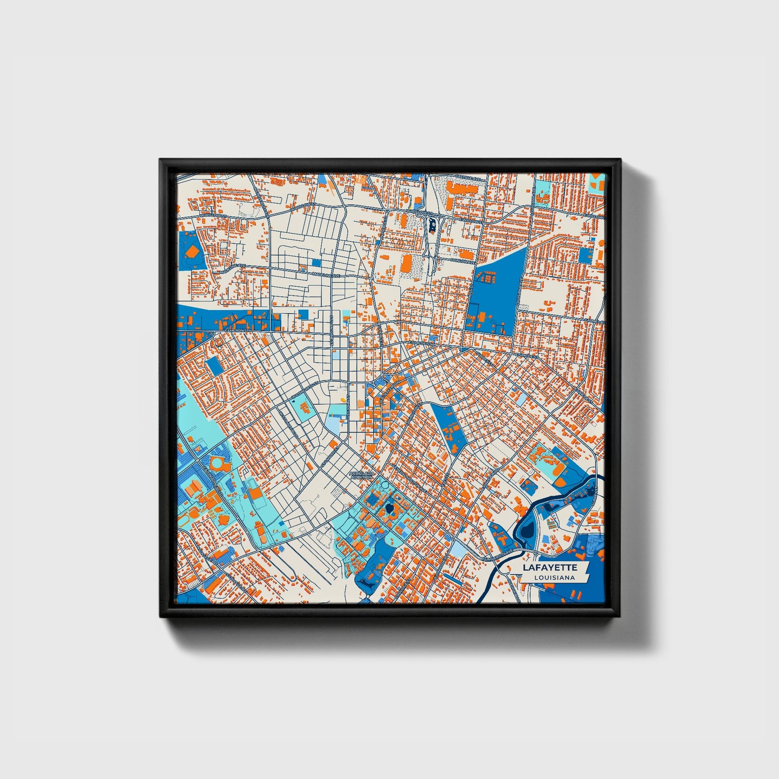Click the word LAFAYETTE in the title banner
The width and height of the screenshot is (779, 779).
pyautogui.click(x=550, y=568)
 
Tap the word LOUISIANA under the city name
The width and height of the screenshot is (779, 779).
pyautogui.click(x=554, y=577)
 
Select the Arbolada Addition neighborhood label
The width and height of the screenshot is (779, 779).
pyautogui.click(x=361, y=475)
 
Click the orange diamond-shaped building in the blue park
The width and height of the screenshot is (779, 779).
pyautogui.click(x=191, y=252)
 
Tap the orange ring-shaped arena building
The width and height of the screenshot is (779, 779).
pyautogui.click(x=217, y=463)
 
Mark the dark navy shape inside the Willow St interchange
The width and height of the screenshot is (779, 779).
pyautogui.click(x=432, y=224)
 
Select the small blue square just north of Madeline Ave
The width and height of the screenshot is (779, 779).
pyautogui.click(x=315, y=263)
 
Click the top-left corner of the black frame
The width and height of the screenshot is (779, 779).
pyautogui.click(x=161, y=160)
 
